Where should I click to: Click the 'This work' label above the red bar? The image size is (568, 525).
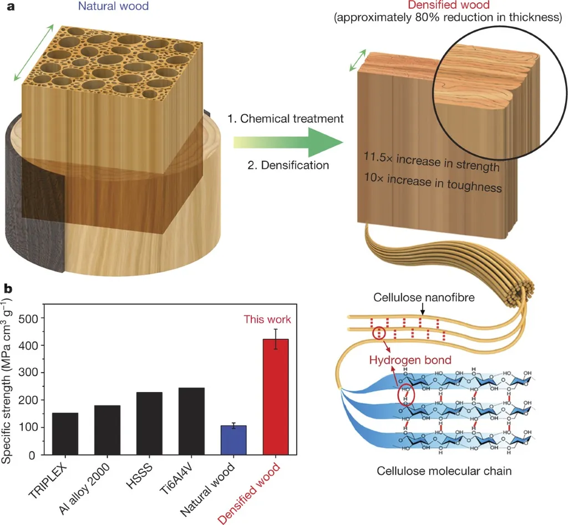[267, 320]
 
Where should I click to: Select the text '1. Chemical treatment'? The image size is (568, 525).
[286, 119]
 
